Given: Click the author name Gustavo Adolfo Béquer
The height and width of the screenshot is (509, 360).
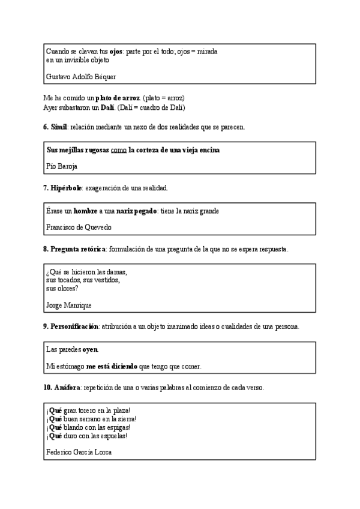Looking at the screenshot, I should [81, 77].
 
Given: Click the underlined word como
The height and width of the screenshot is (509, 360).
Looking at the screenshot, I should [118, 149].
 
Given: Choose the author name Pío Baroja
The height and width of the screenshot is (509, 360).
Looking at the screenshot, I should [62, 166].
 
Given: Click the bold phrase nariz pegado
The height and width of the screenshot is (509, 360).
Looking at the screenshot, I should [131, 211].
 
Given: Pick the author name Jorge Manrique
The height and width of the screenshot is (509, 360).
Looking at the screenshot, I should [68, 306].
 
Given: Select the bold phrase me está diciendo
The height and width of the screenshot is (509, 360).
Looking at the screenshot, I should [112, 366].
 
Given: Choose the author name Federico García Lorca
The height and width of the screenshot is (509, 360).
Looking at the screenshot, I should [79, 453].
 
